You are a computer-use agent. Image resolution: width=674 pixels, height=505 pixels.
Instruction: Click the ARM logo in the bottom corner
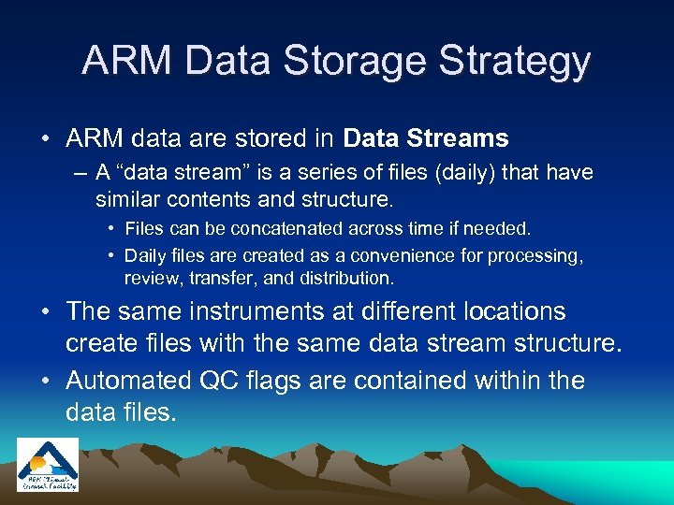(48, 464)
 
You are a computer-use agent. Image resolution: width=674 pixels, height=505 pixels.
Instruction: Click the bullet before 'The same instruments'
(47, 312)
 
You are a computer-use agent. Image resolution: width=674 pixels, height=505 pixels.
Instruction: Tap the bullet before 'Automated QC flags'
(47, 382)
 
